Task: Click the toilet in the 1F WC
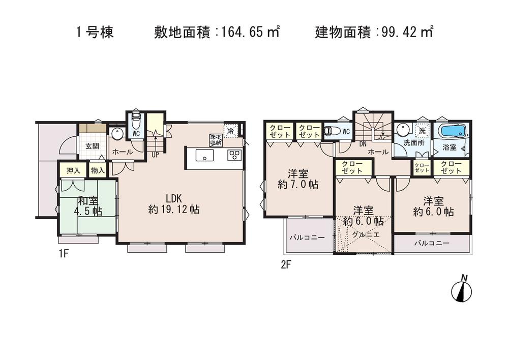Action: tap(135, 123)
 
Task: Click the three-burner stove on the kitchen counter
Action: tap(234, 156)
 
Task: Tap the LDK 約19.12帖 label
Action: tap(173, 203)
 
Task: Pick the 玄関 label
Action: tap(92, 146)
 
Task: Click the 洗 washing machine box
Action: tap(422, 130)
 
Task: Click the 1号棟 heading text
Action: tap(95, 33)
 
